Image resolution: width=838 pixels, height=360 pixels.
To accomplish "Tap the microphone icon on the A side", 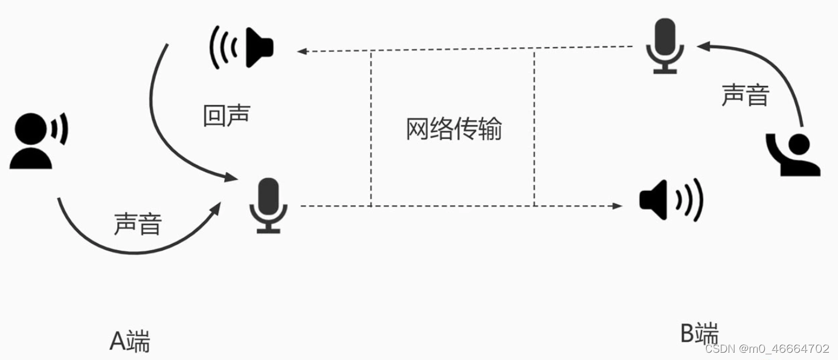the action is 269,205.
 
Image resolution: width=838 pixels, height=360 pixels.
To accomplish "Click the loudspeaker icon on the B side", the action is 671,199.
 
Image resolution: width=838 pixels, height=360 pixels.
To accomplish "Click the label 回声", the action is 227,115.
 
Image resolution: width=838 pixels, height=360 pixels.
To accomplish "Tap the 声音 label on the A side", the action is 138,225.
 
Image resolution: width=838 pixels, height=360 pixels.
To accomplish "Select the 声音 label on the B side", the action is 746,95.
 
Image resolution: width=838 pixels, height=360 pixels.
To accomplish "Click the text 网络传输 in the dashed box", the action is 453,129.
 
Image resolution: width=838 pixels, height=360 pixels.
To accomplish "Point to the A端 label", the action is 129,341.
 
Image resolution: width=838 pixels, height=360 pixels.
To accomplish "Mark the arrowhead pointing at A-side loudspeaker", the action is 302,52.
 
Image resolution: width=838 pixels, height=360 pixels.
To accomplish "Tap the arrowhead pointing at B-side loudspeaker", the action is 617,206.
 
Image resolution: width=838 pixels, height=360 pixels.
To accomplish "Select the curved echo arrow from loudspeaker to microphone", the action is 156,115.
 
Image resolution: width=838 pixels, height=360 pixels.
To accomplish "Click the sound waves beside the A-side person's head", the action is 60,129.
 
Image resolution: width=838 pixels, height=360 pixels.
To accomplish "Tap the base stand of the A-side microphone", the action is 269,230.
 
